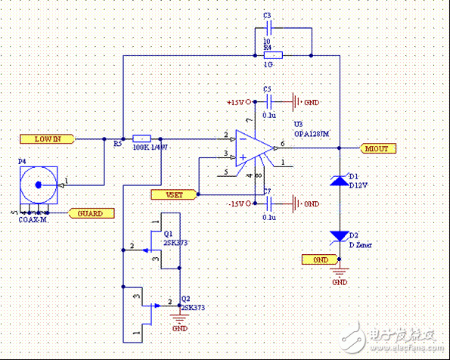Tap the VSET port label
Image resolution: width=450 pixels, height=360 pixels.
pyautogui.click(x=174, y=194)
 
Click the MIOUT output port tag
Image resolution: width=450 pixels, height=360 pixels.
pyautogui.click(x=376, y=148)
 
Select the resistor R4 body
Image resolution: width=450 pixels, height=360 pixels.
pyautogui.click(x=272, y=55)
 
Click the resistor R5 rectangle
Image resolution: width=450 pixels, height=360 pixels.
pyautogui.click(x=142, y=139)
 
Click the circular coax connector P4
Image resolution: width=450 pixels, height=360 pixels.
pyautogui.click(x=36, y=184)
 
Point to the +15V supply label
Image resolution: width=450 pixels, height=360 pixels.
pyautogui.click(x=237, y=101)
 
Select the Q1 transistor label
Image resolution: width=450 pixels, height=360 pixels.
pyautogui.click(x=169, y=234)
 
